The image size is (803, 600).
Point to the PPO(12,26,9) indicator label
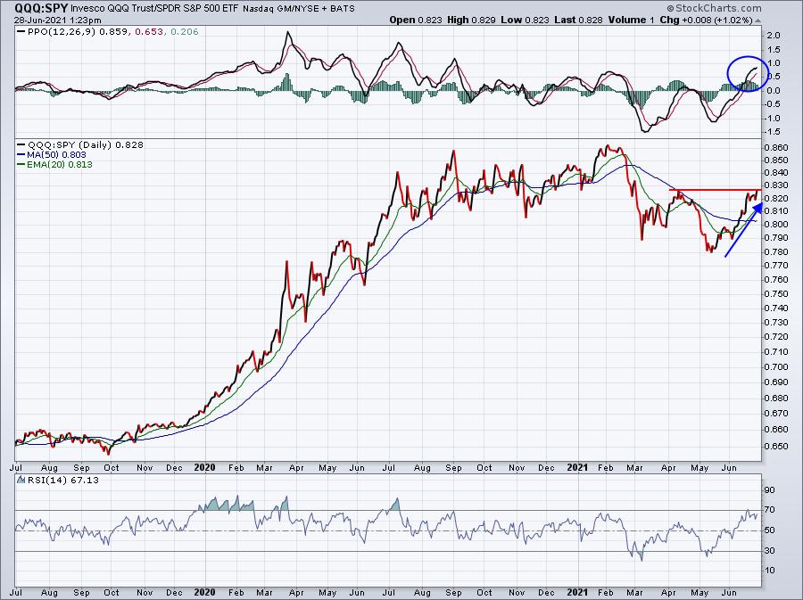[x=53, y=32]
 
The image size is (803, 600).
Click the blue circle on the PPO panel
[x=743, y=73]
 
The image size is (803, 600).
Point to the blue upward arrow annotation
[x=742, y=230]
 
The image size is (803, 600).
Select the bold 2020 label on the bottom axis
[x=206, y=466]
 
